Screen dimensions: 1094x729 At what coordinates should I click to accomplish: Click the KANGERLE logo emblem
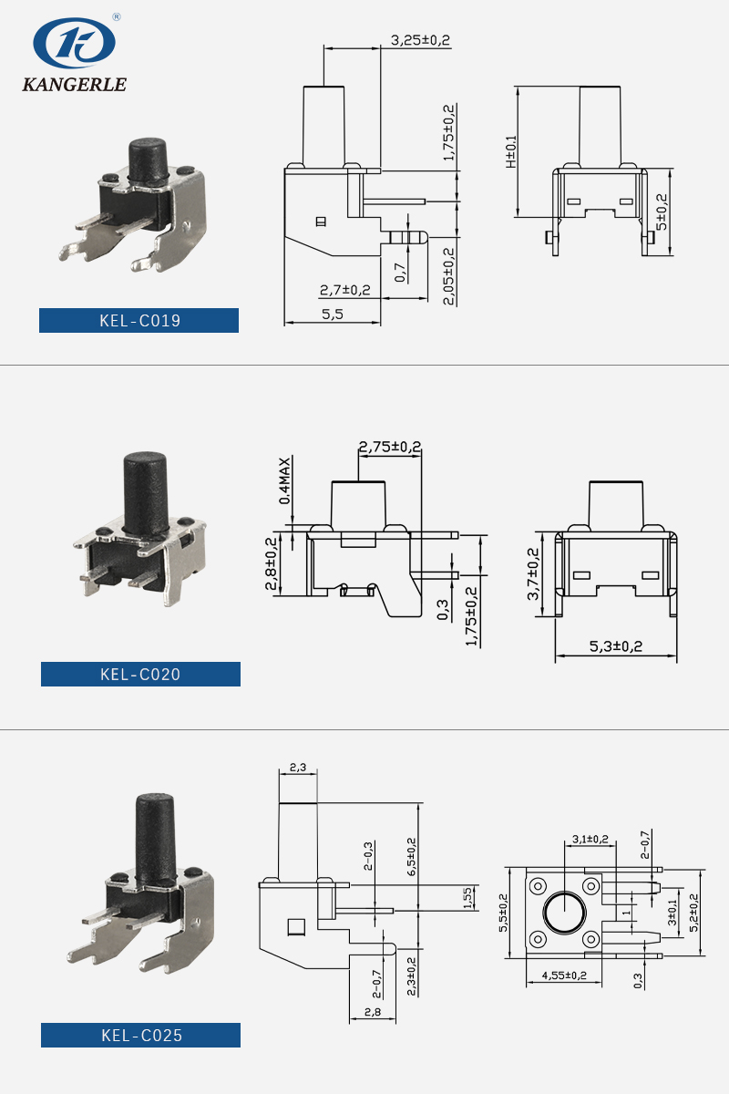(74, 44)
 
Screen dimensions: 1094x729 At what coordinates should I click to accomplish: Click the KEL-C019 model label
(139, 321)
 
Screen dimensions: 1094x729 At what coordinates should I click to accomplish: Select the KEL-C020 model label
(140, 675)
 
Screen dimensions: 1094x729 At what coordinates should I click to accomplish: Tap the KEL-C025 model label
(140, 1036)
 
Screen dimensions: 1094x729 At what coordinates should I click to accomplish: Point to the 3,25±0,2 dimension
(420, 40)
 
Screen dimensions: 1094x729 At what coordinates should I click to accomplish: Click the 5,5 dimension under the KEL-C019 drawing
(332, 314)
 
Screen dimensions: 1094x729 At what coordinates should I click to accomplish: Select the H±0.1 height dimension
(511, 151)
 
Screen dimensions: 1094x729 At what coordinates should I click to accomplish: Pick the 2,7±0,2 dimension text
(344, 290)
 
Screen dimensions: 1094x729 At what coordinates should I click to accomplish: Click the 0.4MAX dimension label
(285, 480)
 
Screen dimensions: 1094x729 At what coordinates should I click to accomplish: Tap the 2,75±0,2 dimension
(389, 447)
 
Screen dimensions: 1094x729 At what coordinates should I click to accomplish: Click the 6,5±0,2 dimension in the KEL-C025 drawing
(411, 858)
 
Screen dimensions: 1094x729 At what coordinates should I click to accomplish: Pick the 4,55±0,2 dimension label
(564, 975)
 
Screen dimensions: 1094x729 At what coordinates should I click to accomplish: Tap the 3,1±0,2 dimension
(590, 838)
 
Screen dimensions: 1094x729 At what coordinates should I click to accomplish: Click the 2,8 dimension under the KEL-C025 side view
(372, 1012)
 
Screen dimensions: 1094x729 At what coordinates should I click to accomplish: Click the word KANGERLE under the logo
(74, 85)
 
